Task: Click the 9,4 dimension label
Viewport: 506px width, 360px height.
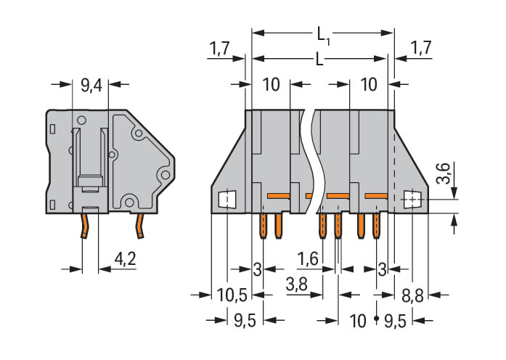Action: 91,86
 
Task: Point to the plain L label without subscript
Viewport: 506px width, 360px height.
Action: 319,61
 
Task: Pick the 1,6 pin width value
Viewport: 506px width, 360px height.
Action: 308,258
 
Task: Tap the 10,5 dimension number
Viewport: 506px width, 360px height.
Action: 232,295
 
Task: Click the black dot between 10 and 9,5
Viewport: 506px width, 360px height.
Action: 375,319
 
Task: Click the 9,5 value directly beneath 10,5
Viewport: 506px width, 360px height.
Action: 240,320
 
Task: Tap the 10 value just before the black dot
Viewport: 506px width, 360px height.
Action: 357,320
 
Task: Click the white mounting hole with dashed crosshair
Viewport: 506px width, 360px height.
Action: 412,197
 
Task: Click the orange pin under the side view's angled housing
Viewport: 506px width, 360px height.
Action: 138,226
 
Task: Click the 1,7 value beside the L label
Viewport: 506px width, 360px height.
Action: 221,49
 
